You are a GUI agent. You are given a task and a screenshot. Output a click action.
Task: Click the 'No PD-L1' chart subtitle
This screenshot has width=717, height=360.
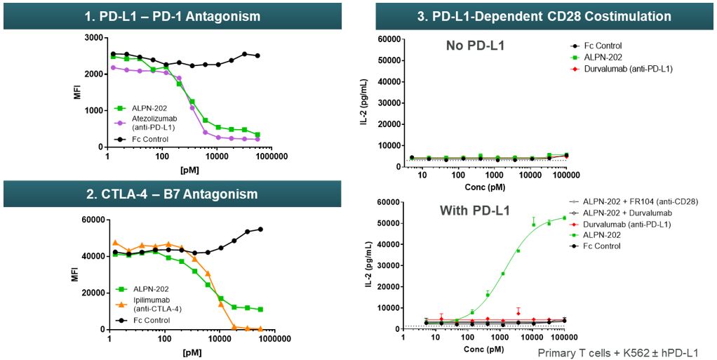474,46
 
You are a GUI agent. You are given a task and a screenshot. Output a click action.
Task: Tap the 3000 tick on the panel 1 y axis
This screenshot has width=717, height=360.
86,37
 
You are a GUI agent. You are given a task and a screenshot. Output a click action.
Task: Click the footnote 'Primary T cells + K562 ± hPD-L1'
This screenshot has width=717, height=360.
617,353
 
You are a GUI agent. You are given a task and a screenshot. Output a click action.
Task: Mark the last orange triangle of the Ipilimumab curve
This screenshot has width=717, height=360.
260,328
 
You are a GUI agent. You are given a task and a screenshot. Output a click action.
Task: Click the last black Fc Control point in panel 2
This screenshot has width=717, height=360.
260,229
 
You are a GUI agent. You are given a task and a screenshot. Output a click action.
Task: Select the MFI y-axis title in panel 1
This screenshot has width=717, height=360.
78,91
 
